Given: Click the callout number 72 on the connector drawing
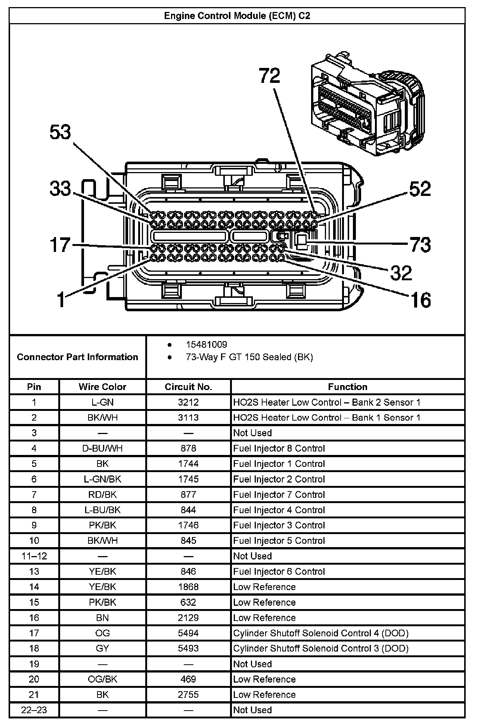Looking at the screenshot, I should click(x=270, y=76).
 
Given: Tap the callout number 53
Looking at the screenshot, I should click(x=60, y=132).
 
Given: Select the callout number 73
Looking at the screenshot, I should click(x=420, y=245).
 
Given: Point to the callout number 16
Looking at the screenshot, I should click(x=420, y=300).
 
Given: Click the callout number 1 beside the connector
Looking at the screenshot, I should click(x=62, y=300).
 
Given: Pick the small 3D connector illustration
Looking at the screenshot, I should click(x=367, y=103).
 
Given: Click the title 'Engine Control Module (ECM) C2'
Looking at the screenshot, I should click(x=237, y=16).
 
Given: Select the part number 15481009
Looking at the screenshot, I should click(x=207, y=344).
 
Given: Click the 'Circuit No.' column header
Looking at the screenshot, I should click(x=188, y=387).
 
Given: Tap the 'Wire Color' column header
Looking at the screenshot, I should click(x=102, y=387).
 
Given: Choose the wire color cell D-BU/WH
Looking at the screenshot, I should click(x=102, y=448).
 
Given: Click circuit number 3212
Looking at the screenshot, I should click(x=188, y=402).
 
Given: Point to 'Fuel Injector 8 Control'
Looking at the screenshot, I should click(x=279, y=448).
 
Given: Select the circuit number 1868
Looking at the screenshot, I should click(x=188, y=587).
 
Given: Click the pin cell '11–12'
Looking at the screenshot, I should click(x=34, y=556).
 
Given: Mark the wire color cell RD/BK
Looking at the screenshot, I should click(x=102, y=494).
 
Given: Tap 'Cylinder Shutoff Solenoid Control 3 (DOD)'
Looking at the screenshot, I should click(x=321, y=648).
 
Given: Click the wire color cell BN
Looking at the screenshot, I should click(x=102, y=618).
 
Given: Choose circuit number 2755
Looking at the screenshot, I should click(x=188, y=695).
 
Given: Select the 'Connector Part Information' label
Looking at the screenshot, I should click(x=77, y=357).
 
